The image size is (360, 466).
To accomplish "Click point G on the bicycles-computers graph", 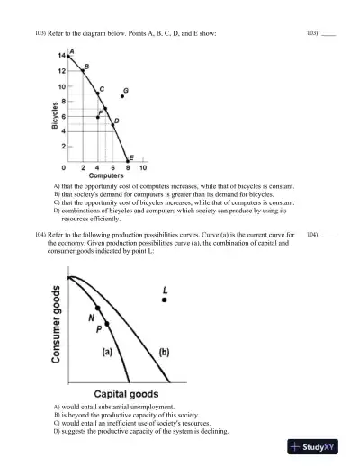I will pos(121,96).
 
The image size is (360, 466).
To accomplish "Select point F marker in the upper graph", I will pos(98,116).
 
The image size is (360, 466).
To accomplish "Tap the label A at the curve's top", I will pos(72,51).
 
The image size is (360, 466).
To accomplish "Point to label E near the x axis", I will pos(131,157).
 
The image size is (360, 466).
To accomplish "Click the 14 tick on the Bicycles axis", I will pos(60,57).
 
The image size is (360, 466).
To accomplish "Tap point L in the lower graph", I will pos(164,300).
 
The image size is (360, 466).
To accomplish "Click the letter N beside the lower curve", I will pos(92,318).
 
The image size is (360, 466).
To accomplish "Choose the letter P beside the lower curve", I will pos(100,330).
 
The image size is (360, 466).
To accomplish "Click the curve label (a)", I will pos(107,352).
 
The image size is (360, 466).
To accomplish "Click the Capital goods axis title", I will pos(127,394).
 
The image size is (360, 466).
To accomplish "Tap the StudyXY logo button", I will pos(319,447).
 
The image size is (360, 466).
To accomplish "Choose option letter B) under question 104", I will pos(57,414).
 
